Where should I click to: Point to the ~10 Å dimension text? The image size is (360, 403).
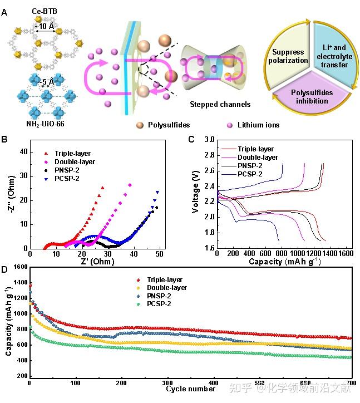[46, 26]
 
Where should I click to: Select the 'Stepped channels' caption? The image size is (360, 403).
[220, 104]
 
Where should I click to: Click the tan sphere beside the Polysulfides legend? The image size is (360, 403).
[140, 125]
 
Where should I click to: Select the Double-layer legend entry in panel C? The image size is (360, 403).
[255, 158]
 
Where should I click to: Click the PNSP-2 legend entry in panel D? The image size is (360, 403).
[165, 296]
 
